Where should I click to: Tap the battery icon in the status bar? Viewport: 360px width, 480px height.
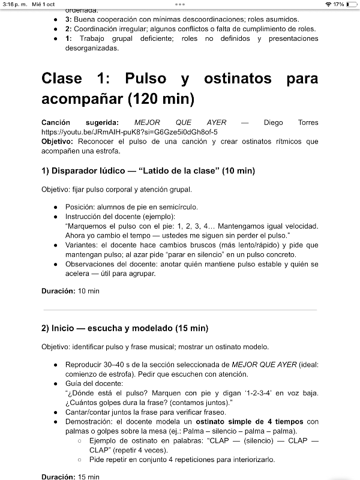[x=350, y=4]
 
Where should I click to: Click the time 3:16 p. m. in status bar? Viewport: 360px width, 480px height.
[x=13, y=4]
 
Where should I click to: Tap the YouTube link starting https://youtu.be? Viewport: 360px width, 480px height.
[x=129, y=131]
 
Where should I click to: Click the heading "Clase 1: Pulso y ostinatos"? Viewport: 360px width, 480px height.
[x=179, y=88]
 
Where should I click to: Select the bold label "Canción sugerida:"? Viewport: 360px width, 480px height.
[x=80, y=122]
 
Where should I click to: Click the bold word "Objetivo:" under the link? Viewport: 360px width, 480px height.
[x=57, y=142]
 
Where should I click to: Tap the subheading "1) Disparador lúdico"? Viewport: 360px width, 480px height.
[x=148, y=171]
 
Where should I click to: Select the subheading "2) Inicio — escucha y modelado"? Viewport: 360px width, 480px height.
[x=125, y=328]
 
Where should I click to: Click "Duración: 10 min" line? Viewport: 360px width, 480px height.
[x=70, y=291]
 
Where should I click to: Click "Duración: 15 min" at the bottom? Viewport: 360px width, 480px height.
[x=70, y=476]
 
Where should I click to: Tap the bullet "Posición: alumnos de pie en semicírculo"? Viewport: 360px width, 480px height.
[x=131, y=207]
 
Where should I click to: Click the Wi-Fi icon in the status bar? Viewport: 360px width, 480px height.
[x=328, y=4]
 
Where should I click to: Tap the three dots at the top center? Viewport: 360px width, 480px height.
[x=180, y=4]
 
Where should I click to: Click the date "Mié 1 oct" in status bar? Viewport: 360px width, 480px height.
[x=43, y=4]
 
